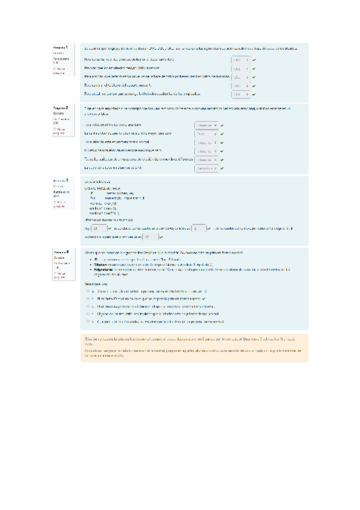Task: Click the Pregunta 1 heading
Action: click(x=60, y=47)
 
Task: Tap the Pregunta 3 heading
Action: click(x=60, y=180)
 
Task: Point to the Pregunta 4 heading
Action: click(x=60, y=252)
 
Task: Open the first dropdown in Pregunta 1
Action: click(x=239, y=60)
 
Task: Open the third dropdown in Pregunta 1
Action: click(x=239, y=77)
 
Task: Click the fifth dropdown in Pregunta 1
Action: click(x=239, y=94)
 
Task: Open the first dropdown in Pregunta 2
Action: click(x=206, y=125)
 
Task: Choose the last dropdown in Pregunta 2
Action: click(x=206, y=168)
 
